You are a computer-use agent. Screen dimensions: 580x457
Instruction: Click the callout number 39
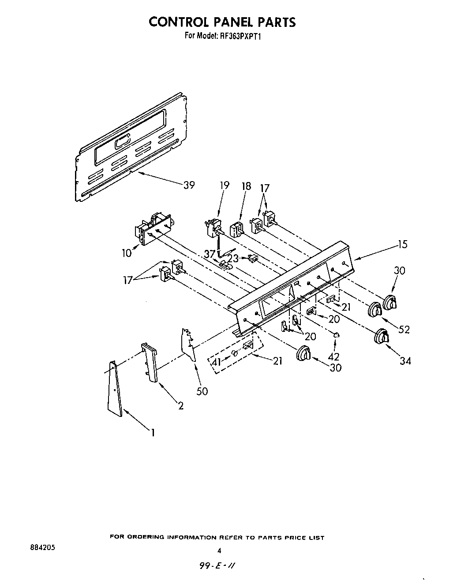(189, 185)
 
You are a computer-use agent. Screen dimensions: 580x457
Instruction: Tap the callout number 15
(402, 244)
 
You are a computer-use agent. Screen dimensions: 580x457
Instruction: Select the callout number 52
(404, 329)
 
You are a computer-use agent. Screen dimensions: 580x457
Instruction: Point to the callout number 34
(405, 361)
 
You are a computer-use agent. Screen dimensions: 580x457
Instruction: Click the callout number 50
(202, 391)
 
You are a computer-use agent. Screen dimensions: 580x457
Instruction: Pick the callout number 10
(127, 253)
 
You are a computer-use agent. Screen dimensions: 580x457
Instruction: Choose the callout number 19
(225, 185)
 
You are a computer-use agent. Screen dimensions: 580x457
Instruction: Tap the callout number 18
(246, 186)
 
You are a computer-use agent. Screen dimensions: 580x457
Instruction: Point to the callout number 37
(209, 254)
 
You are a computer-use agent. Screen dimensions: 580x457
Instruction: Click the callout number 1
(153, 433)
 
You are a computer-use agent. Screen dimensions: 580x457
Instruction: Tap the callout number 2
(181, 406)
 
